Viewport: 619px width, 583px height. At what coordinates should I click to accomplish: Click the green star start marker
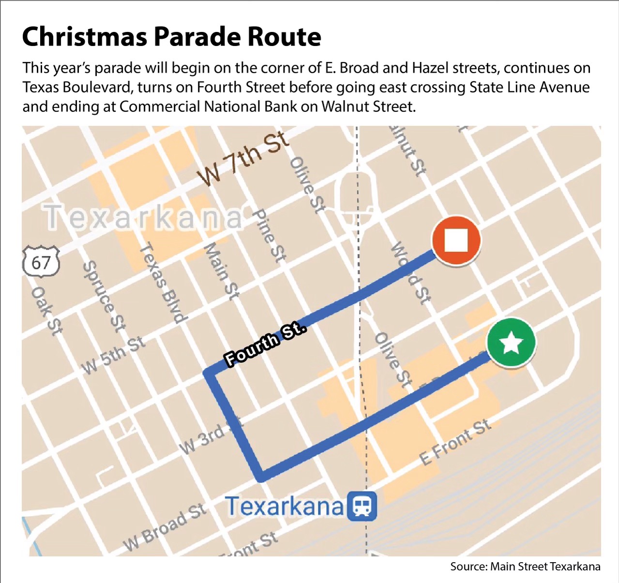coord(511,343)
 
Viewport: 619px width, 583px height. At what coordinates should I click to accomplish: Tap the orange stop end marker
coord(456,240)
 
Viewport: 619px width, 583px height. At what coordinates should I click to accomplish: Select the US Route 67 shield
coord(41,263)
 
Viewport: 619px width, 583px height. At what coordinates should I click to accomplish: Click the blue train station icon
coord(362,507)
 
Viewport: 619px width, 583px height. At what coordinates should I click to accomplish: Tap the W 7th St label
coord(245,158)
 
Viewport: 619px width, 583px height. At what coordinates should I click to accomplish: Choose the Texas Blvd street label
coord(163,283)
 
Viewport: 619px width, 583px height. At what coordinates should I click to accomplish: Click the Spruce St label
coord(105,296)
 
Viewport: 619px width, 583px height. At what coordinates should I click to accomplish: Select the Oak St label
coord(46,310)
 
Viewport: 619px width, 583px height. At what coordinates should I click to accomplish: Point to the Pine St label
coord(270,235)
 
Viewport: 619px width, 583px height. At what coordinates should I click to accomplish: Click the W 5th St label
coord(114,355)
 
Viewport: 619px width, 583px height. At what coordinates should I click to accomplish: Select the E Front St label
coord(455,441)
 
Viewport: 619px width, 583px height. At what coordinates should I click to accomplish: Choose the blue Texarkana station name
coord(285,507)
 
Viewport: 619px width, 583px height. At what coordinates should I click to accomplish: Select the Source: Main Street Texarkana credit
coord(525,567)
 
